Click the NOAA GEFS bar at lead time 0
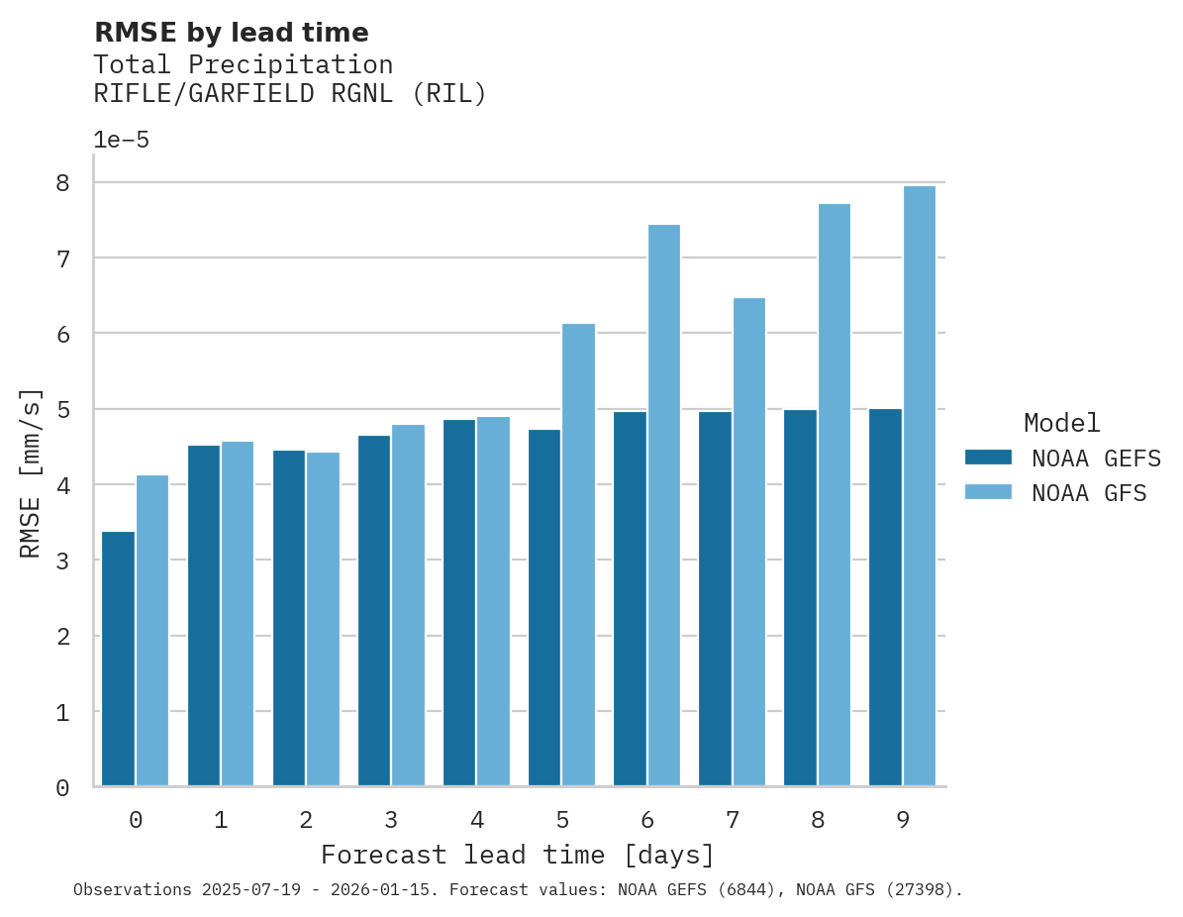(118, 659)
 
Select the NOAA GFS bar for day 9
(919, 486)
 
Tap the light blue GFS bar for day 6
(663, 505)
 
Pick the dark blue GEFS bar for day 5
(544, 607)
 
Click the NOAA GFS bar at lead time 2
(323, 619)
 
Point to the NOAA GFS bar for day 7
(748, 542)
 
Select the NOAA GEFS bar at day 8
(800, 597)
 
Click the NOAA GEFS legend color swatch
(988, 458)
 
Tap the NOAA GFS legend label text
(1089, 493)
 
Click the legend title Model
(1061, 423)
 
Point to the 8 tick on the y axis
(62, 183)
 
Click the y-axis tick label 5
(62, 409)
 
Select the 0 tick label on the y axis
(62, 787)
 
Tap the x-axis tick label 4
(476, 820)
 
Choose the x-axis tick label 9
(903, 820)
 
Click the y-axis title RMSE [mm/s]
(31, 472)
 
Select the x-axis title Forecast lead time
(517, 855)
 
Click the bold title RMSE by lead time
(231, 33)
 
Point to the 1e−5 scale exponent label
(121, 140)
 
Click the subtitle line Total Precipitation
(243, 65)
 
